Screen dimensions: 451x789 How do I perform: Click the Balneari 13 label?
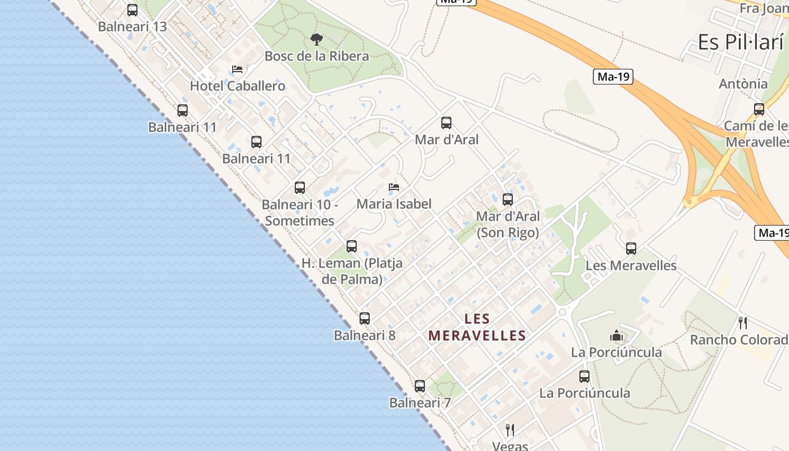(x=132, y=26)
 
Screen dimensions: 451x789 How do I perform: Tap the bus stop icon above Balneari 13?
(x=132, y=10)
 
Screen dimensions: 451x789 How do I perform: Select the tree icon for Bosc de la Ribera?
(x=317, y=39)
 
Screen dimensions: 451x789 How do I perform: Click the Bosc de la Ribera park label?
(x=317, y=56)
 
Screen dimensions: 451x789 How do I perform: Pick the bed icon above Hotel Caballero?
(x=237, y=69)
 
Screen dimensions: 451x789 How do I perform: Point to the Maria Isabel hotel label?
(x=394, y=204)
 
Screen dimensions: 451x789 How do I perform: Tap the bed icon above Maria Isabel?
(x=394, y=187)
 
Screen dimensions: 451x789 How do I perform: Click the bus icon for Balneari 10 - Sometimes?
(x=300, y=188)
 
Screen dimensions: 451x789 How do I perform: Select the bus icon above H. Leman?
(x=352, y=246)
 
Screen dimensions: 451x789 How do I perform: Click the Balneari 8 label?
(x=365, y=335)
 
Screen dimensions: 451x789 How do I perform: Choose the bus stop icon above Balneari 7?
(x=420, y=386)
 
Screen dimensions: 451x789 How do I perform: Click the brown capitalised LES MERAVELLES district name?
(x=477, y=328)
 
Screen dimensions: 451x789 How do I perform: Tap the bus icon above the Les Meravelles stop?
(x=631, y=249)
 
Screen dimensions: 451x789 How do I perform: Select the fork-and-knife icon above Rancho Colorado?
(x=743, y=323)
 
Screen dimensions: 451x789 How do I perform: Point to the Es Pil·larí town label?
(x=741, y=42)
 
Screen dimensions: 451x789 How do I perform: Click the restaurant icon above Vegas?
(x=510, y=430)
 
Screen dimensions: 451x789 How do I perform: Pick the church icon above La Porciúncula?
(x=617, y=336)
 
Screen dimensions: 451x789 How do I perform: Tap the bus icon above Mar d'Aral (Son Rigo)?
(x=508, y=200)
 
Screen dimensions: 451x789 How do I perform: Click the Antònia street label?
(x=743, y=84)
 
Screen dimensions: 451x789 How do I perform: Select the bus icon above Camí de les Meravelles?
(x=759, y=109)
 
